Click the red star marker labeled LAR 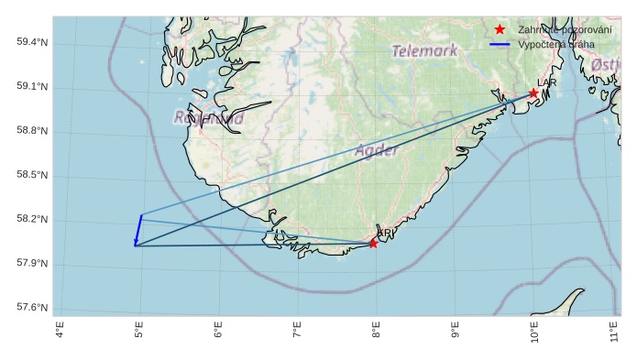(533, 93)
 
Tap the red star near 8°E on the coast (373, 244)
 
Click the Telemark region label (424, 51)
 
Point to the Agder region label (376, 150)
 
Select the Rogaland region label (209, 118)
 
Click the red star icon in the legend (500, 29)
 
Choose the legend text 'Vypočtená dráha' (555, 44)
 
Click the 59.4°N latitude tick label (31, 43)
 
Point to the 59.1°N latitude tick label (31, 87)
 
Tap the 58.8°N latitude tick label (31, 131)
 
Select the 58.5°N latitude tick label (31, 175)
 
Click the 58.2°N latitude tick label (31, 220)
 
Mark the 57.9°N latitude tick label (31, 264)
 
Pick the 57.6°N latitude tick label (31, 308)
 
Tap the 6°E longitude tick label (218, 330)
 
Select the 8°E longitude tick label (376, 330)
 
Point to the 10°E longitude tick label (533, 332)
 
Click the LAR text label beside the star (546, 83)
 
